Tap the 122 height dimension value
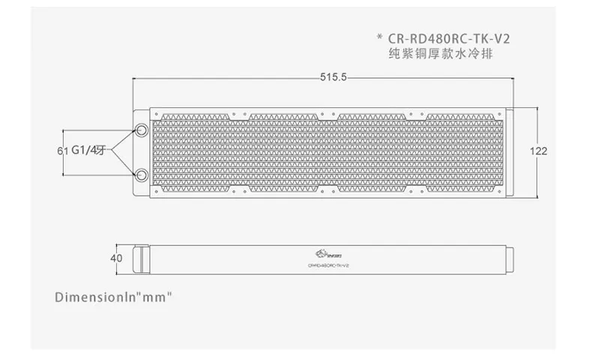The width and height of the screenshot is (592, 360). pos(539,151)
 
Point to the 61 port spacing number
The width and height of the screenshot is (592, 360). pos(61,151)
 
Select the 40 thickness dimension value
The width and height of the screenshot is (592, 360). pos(116,258)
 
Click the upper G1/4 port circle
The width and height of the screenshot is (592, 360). pos(140,130)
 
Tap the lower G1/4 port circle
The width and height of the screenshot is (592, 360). pos(140,175)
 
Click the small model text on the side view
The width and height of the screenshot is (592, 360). pos(323,265)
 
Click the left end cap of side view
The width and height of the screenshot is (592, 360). pos(139,258)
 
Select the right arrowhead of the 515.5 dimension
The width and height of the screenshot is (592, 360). pos(511,78)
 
